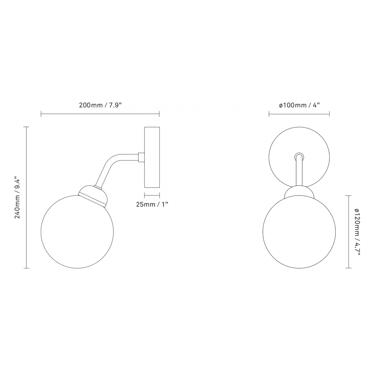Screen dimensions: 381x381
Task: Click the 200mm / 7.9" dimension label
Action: click(100, 106)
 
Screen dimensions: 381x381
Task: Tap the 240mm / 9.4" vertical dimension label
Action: click(17, 197)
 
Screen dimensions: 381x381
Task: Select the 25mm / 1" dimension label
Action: click(152, 204)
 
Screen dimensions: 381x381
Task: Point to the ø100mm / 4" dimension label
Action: click(299, 106)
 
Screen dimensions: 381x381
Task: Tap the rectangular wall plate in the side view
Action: click(152, 157)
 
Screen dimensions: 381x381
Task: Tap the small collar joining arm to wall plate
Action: click(141, 157)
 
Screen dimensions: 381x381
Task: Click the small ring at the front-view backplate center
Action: click(299, 156)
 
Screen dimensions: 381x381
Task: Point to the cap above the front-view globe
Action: click(299, 192)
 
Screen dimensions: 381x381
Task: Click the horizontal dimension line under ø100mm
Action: click(299, 114)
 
